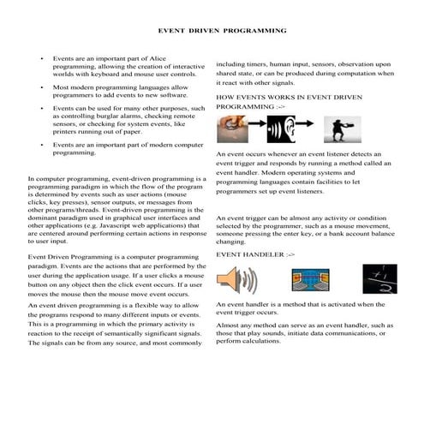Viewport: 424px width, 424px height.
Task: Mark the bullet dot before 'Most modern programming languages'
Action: [42, 87]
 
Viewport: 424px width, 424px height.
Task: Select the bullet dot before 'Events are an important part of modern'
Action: [42, 146]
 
